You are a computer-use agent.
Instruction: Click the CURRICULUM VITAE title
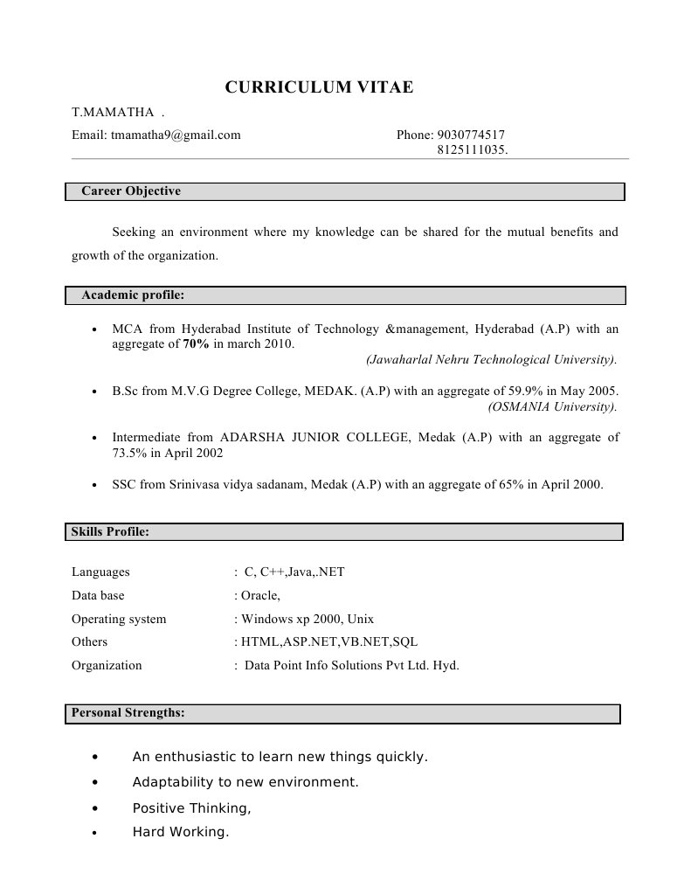tap(319, 87)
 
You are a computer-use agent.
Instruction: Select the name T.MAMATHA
tap(113, 113)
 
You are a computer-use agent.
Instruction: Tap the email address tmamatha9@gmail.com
tap(175, 135)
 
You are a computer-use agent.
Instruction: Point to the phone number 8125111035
tap(472, 149)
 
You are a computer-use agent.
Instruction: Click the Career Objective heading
tap(131, 191)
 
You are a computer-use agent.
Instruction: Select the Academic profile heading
tap(133, 295)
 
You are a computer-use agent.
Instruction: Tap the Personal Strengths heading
tap(128, 713)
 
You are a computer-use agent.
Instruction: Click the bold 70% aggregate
tap(196, 344)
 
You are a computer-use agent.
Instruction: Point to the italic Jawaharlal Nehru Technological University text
tap(492, 359)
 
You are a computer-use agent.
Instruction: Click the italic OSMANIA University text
tap(552, 406)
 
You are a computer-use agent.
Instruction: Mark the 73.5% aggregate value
tap(129, 454)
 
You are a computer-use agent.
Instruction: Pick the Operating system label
tap(119, 619)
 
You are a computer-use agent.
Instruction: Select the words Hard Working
tap(179, 832)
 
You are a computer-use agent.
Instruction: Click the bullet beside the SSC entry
tap(93, 484)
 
